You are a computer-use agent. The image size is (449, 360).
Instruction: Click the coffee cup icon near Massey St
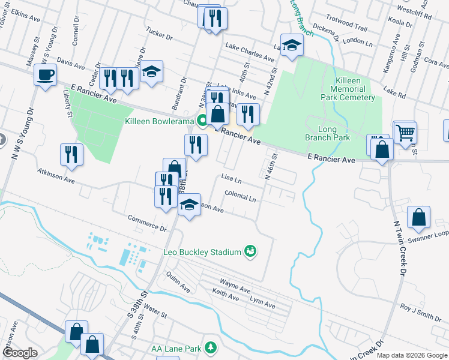pyautogui.click(x=46, y=75)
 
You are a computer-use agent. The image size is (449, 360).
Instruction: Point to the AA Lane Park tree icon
pyautogui.click(x=211, y=347)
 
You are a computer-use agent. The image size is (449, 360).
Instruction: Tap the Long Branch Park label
pyautogui.click(x=335, y=133)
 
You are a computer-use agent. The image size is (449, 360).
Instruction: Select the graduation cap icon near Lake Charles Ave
pyautogui.click(x=292, y=44)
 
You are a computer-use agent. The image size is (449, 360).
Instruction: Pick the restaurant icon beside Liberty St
pyautogui.click(x=71, y=154)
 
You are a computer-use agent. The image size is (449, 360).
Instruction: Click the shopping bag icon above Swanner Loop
pyautogui.click(x=419, y=217)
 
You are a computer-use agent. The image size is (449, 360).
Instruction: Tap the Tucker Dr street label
pyautogui.click(x=159, y=34)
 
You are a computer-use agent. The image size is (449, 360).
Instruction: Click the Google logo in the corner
pyautogui.click(x=20, y=353)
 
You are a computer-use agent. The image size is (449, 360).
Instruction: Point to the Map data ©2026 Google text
pyautogui.click(x=411, y=355)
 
